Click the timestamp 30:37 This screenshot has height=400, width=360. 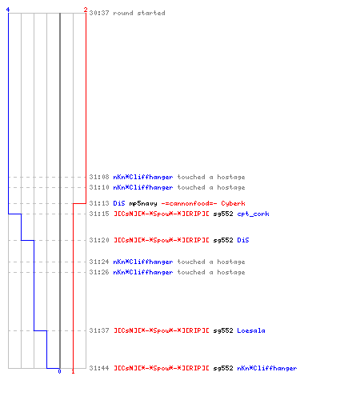[99, 13]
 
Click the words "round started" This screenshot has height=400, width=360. [139, 13]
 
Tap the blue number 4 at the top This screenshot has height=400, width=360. [8, 10]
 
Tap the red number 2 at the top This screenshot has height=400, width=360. [86, 10]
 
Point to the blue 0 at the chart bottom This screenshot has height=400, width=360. [59, 371]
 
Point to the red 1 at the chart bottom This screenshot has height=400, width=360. [73, 371]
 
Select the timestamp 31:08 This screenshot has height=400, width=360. [99, 177]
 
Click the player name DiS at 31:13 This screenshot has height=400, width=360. [119, 203]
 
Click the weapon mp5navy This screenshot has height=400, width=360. [143, 203]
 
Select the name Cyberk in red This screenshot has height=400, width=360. [233, 203]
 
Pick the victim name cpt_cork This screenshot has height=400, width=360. [253, 214]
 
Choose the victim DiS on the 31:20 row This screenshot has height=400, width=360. [243, 240]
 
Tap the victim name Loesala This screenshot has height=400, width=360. [251, 330]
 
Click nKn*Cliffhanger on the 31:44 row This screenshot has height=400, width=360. [266, 368]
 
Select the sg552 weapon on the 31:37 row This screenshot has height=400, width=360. [223, 330]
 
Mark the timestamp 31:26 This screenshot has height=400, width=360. [99, 272]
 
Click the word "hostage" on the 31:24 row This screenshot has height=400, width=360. [231, 262]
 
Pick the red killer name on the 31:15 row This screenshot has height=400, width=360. [162, 214]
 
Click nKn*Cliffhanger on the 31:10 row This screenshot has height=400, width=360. [143, 187]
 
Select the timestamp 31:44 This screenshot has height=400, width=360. [99, 368]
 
